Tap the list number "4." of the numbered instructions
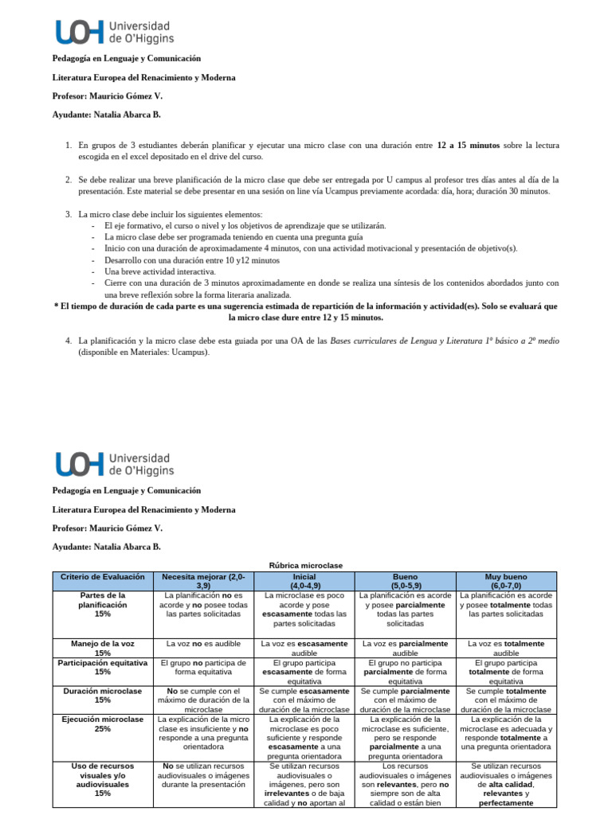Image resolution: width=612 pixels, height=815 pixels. point(69,341)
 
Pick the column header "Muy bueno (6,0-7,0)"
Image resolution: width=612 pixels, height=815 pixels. point(507,581)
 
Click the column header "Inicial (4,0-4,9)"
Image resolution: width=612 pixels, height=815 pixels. point(304,581)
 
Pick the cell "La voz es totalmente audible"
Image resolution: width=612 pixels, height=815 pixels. point(507,648)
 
